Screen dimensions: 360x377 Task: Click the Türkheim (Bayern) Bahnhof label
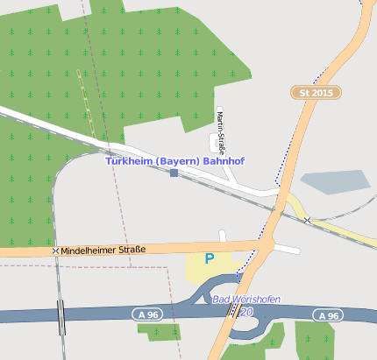click(x=174, y=161)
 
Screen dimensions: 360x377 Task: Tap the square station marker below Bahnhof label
click(x=174, y=173)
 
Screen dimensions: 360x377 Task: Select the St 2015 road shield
click(x=316, y=92)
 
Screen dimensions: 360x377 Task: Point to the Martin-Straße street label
click(x=220, y=131)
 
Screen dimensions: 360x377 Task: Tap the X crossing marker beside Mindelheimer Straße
click(x=56, y=251)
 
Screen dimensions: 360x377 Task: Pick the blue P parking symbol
click(x=209, y=258)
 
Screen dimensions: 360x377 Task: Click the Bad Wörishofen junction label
click(x=246, y=300)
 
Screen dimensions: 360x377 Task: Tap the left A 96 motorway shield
click(x=147, y=314)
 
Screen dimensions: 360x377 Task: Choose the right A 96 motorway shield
click(x=328, y=315)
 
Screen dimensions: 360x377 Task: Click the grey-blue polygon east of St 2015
click(x=335, y=181)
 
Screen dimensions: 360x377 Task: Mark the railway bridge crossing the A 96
click(x=60, y=316)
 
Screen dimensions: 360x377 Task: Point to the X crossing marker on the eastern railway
click(x=307, y=220)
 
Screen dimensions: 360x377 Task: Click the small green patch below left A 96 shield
click(x=159, y=331)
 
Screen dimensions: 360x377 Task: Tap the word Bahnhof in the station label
click(x=223, y=161)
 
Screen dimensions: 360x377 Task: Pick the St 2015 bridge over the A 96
click(x=233, y=314)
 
